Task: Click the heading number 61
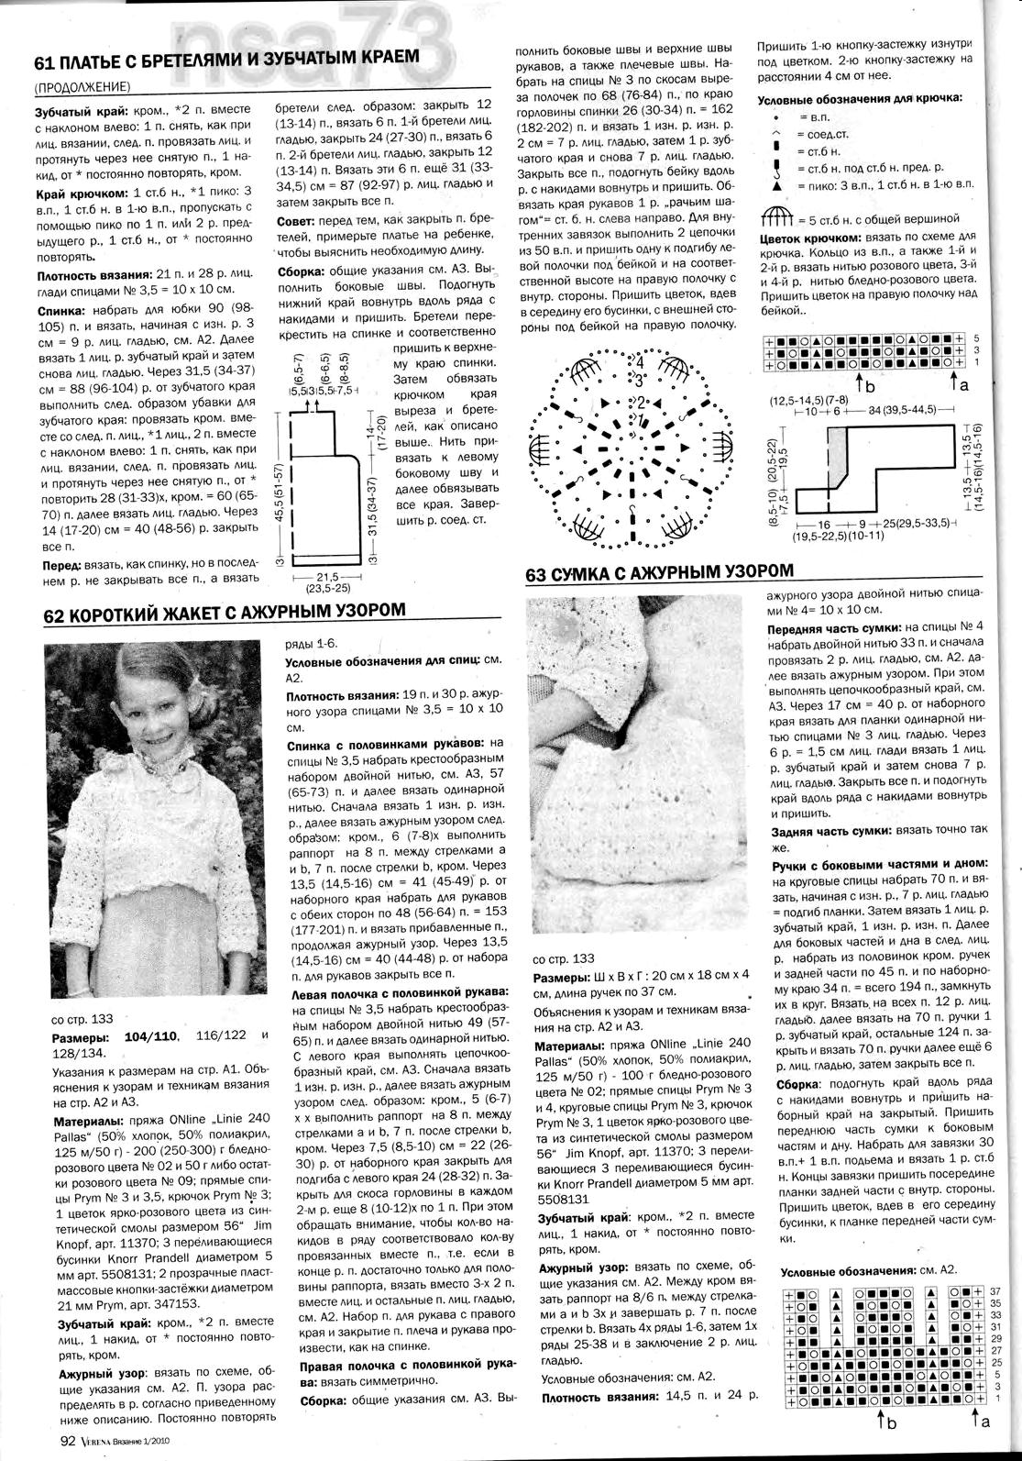(x=46, y=64)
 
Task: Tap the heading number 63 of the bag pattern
(x=538, y=575)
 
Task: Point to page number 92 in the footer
(x=66, y=1440)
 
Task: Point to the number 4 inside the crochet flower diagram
(x=640, y=363)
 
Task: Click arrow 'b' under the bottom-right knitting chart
(x=886, y=1422)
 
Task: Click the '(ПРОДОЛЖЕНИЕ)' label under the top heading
(x=82, y=88)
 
